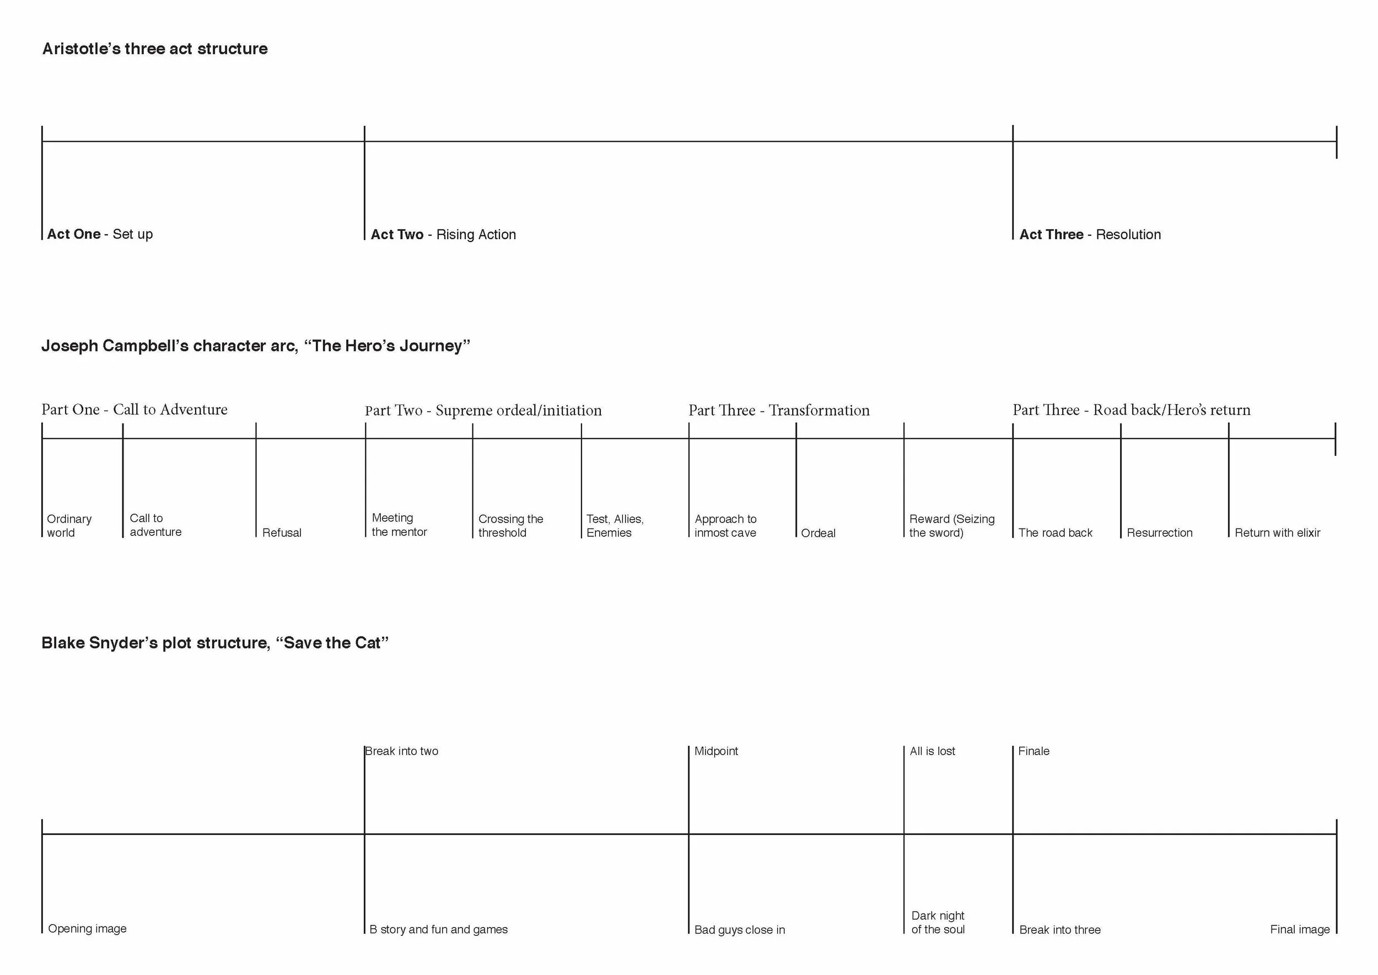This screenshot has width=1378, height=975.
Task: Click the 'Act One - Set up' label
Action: click(x=100, y=234)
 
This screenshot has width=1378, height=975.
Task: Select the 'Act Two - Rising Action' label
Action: click(x=443, y=235)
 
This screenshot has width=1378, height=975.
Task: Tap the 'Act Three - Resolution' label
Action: click(x=1090, y=235)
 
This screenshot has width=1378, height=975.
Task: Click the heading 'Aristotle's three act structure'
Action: click(x=155, y=49)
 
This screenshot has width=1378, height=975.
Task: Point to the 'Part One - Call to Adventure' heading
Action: click(x=134, y=410)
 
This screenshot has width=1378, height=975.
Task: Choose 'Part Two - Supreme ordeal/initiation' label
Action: click(x=483, y=411)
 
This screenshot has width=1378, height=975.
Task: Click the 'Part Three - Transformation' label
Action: click(x=779, y=411)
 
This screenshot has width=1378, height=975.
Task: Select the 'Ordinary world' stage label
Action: click(x=69, y=526)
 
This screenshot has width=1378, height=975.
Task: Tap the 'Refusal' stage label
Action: click(x=282, y=533)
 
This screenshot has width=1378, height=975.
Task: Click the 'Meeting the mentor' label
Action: click(x=399, y=525)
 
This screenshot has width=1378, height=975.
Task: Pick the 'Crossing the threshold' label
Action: click(x=510, y=526)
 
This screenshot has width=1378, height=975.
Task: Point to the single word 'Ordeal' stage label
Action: click(x=818, y=533)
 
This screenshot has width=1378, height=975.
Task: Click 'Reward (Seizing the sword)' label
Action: click(x=952, y=526)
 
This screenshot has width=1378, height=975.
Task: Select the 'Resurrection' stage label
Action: click(x=1159, y=533)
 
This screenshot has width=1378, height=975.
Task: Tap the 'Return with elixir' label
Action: click(x=1277, y=533)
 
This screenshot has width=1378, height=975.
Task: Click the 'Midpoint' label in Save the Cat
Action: click(x=715, y=751)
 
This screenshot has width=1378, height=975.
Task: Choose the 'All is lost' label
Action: click(x=932, y=751)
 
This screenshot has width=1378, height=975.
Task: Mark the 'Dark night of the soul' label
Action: click(x=938, y=923)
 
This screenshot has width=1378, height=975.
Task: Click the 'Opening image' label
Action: click(x=87, y=929)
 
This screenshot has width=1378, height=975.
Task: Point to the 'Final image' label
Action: click(x=1299, y=929)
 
